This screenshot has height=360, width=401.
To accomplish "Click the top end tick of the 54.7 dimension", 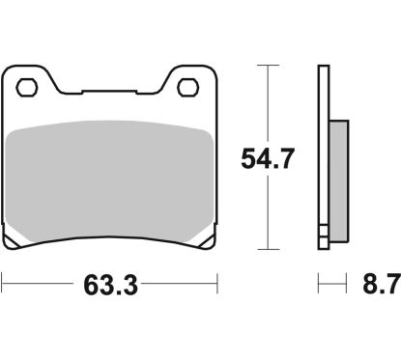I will pos(263,66).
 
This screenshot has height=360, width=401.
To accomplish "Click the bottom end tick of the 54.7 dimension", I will pos(263,247).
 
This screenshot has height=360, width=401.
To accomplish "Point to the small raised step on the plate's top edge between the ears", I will pos(109,93).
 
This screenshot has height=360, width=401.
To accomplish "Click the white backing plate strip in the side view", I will pos(324,154).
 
